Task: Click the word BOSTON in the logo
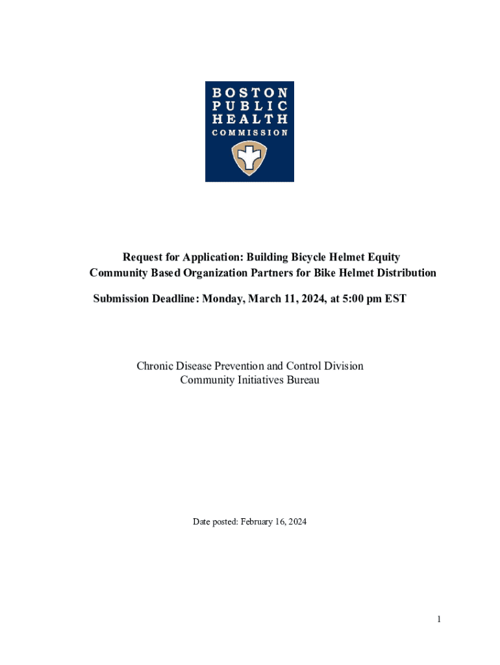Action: tap(250, 93)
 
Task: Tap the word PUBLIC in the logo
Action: tap(250, 106)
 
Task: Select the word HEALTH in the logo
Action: tap(250, 119)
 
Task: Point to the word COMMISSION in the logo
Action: tap(250, 132)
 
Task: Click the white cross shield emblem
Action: tap(250, 159)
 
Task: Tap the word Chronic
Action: tap(154, 366)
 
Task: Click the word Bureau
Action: tap(303, 380)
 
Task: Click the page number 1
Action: tap(439, 620)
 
